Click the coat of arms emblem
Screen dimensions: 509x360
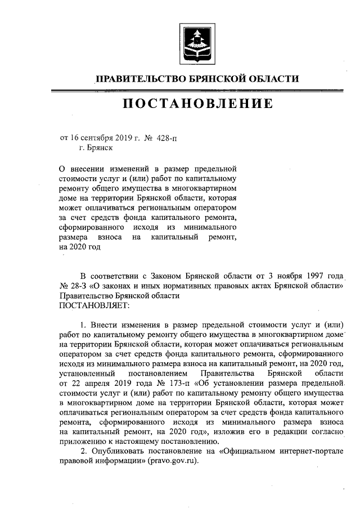tap(195, 43)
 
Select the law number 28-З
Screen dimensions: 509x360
tap(80, 285)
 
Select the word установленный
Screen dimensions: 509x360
tap(87, 373)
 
